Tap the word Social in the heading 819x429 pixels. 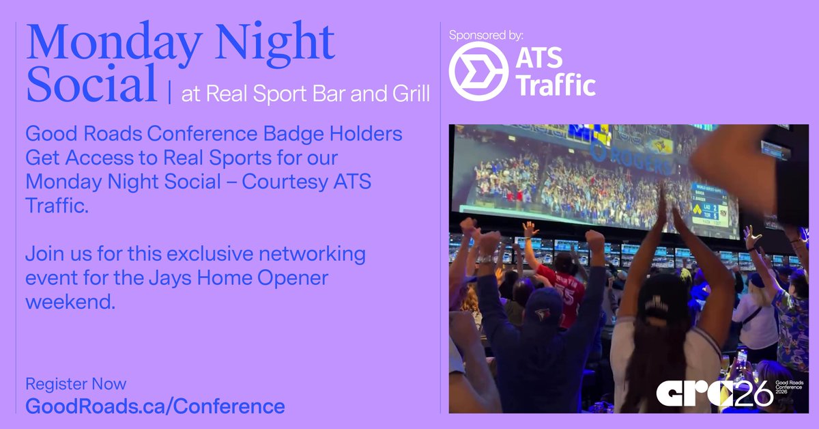[x=91, y=87]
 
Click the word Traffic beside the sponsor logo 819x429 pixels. [x=555, y=85]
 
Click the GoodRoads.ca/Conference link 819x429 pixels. [x=155, y=406]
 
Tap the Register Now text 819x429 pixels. [x=76, y=384]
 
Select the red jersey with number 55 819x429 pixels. [x=560, y=284]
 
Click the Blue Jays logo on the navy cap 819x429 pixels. [x=543, y=314]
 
